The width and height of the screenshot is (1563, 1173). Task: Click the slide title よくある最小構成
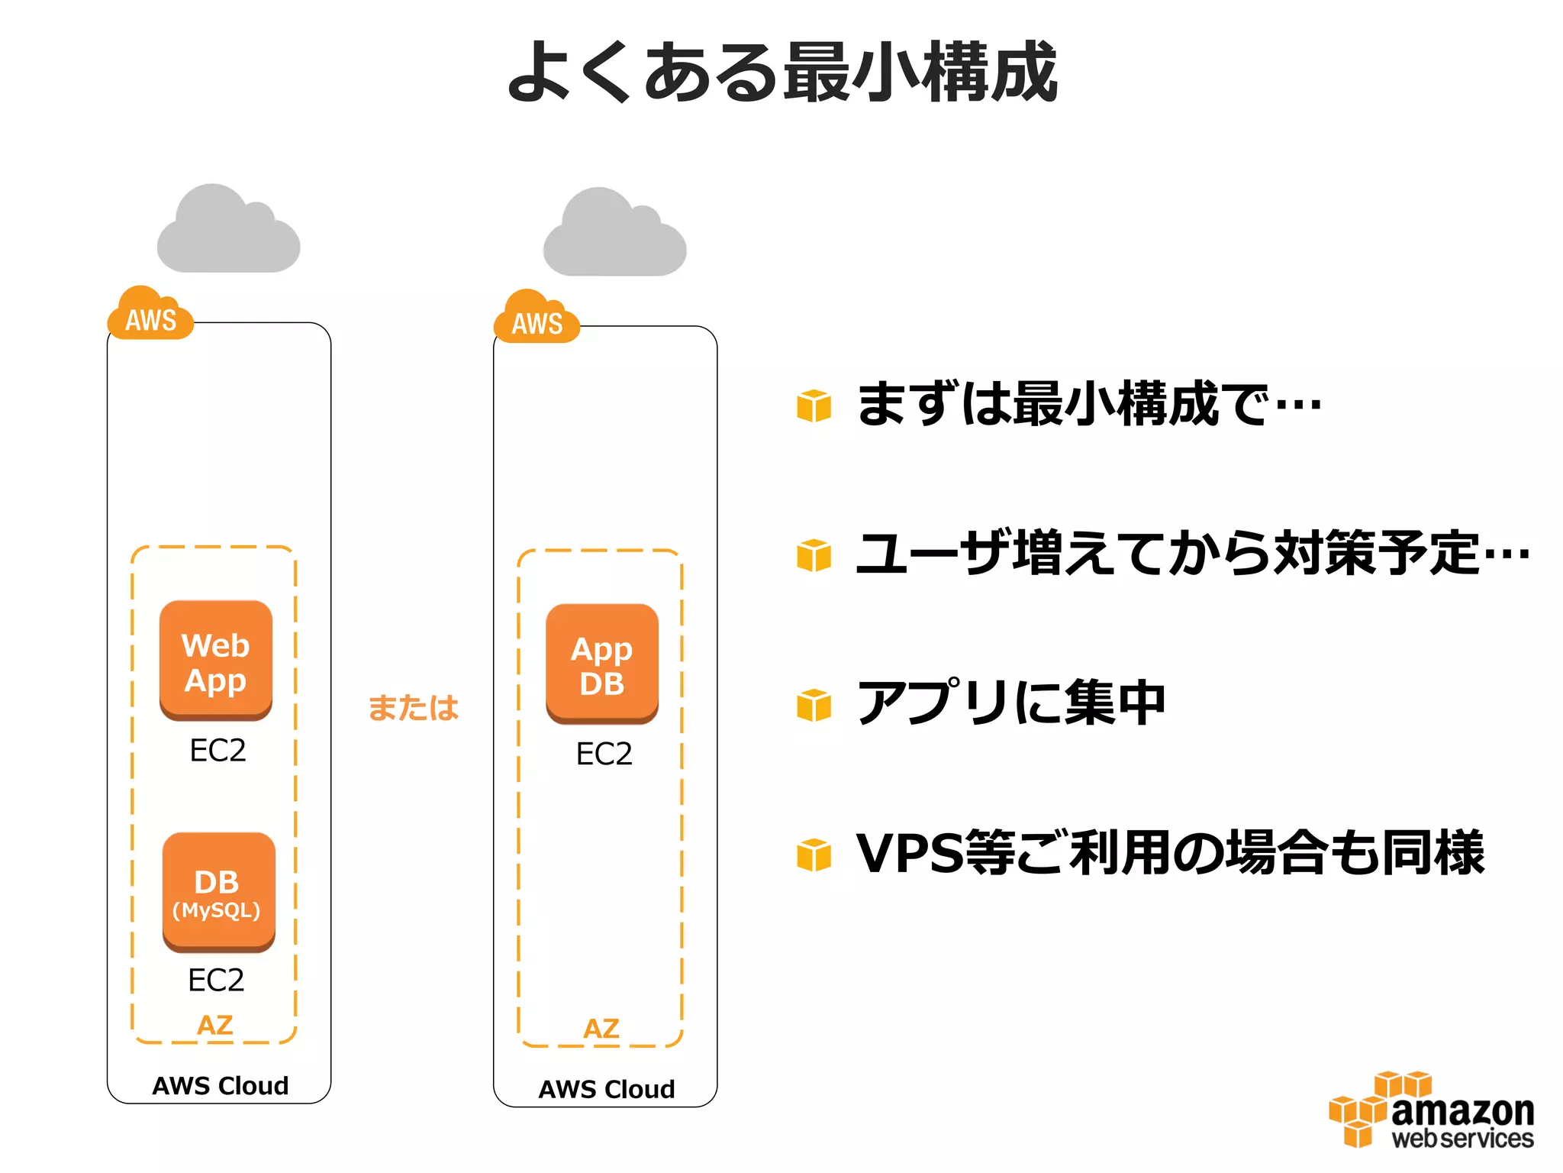pyautogui.click(x=781, y=73)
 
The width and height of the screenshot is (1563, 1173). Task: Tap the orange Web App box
pyautogui.click(x=216, y=661)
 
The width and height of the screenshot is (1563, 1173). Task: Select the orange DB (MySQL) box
pyautogui.click(x=218, y=892)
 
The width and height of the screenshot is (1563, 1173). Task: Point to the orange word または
pyautogui.click(x=413, y=707)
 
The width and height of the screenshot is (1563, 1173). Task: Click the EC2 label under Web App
pyautogui.click(x=218, y=751)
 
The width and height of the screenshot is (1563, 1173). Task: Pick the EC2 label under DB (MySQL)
pyautogui.click(x=216, y=980)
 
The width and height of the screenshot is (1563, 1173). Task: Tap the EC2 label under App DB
pyautogui.click(x=604, y=754)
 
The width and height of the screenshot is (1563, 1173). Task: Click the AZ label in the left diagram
pyautogui.click(x=214, y=1025)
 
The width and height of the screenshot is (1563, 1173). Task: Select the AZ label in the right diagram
pyautogui.click(x=601, y=1029)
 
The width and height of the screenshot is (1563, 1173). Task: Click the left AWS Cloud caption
pyautogui.click(x=220, y=1085)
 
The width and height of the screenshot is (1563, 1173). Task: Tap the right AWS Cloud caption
pyautogui.click(x=607, y=1089)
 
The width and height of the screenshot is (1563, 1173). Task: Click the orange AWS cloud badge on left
pyautogui.click(x=150, y=316)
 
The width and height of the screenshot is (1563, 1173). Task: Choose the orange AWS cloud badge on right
pyautogui.click(x=537, y=320)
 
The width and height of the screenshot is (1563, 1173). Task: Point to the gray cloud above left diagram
pyautogui.click(x=227, y=231)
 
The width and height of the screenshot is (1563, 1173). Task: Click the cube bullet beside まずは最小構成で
pyautogui.click(x=814, y=405)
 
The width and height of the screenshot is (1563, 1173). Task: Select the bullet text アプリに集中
pyautogui.click(x=1010, y=703)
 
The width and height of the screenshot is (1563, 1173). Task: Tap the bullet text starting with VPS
pyautogui.click(x=1169, y=852)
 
